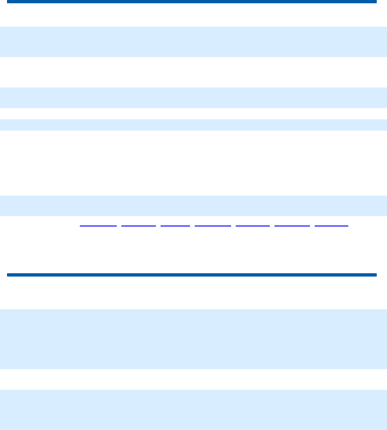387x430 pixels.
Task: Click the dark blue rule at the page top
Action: (191, 2)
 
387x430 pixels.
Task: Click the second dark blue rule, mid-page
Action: (191, 275)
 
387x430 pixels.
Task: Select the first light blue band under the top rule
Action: (193, 42)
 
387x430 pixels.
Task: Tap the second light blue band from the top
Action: (193, 98)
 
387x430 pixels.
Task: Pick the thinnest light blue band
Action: (193, 124)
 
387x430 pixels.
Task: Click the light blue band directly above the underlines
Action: (193, 205)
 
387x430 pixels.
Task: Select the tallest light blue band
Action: (193, 339)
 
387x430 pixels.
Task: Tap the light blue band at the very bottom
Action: (193, 410)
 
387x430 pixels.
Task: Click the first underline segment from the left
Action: (98, 226)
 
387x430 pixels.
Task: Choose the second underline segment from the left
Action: (139, 226)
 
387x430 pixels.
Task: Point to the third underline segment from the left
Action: (176, 226)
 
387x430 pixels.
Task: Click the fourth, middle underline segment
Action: (213, 226)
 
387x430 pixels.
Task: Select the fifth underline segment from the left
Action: (253, 226)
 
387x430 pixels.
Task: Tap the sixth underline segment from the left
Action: (292, 226)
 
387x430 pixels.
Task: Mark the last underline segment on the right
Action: (331, 226)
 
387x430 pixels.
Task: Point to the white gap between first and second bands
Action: (193, 72)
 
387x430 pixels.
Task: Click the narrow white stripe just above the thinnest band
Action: (193, 114)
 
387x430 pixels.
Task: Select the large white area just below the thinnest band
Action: (193, 162)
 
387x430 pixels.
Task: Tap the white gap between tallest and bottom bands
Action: (193, 379)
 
